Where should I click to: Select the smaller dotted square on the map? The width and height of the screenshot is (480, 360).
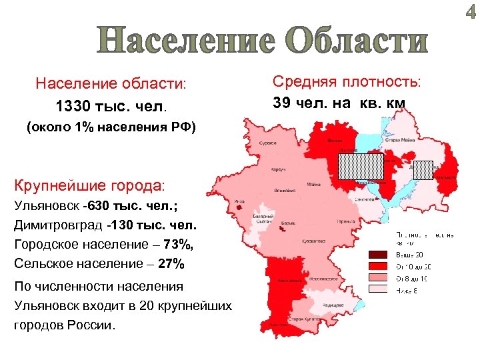[423, 170]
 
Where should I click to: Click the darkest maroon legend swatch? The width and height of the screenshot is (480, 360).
[378, 255]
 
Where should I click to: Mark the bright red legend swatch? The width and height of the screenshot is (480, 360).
[378, 265]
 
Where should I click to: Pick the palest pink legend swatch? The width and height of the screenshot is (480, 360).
[378, 289]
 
